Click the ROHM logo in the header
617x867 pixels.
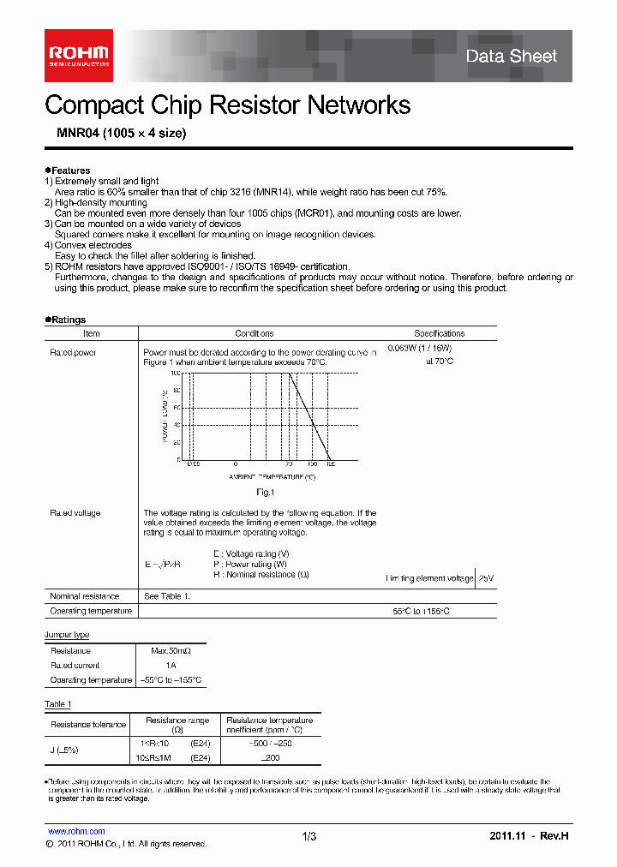(79, 56)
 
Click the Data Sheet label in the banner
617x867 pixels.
(511, 57)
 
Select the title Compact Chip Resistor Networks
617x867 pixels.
(227, 105)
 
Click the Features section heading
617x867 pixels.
(68, 170)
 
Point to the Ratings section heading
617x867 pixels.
(66, 320)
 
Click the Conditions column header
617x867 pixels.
(255, 334)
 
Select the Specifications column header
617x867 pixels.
(440, 334)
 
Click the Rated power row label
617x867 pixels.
(73, 352)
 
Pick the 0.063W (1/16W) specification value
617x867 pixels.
(420, 348)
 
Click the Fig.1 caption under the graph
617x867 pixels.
(265, 493)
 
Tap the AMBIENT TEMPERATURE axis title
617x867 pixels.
(272, 475)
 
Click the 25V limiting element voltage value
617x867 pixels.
(486, 578)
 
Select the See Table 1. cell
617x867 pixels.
(166, 596)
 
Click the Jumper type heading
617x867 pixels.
(67, 635)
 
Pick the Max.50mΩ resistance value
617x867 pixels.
(171, 651)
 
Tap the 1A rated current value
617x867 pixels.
(171, 666)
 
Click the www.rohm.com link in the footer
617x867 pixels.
(76, 831)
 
